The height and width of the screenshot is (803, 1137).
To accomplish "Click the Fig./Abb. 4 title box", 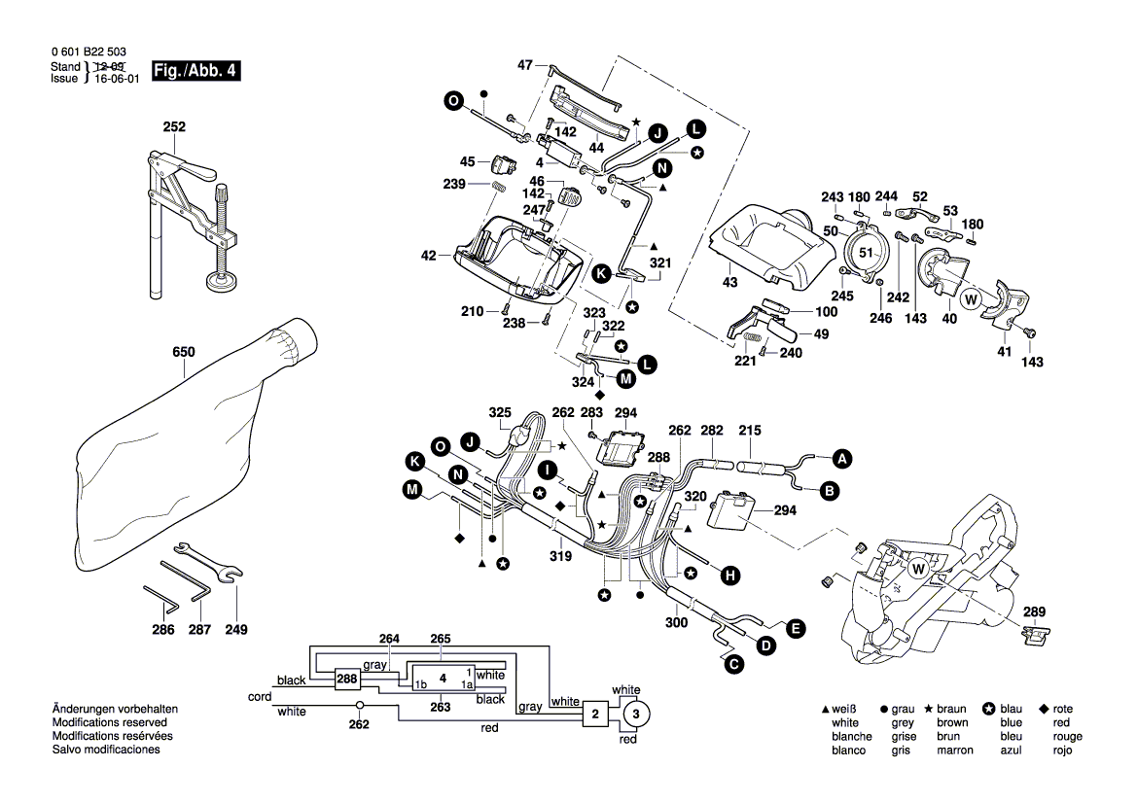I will (195, 71).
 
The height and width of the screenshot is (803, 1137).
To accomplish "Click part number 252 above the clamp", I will (174, 127).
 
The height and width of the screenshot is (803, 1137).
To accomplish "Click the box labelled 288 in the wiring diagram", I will (346, 679).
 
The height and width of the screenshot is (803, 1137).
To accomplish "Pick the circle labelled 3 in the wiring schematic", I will (635, 716).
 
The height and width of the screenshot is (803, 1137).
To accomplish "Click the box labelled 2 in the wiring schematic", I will (593, 716).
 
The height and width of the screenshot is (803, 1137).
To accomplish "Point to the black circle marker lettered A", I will (841, 457).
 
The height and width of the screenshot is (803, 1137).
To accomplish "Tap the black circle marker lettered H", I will (728, 576).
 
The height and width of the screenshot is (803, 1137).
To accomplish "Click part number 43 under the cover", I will (730, 282).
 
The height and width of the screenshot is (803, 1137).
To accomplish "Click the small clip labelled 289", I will (1039, 635).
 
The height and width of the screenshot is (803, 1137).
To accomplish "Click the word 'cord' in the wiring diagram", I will (260, 697).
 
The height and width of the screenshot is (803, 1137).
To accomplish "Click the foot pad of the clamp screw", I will (227, 282).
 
